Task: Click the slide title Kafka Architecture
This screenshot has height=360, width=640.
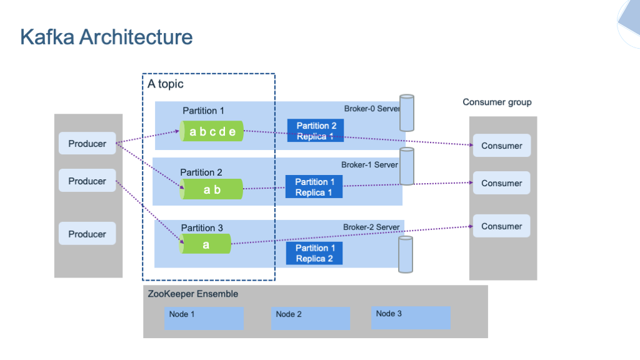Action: click(x=106, y=37)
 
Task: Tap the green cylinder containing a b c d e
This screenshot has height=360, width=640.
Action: click(x=212, y=131)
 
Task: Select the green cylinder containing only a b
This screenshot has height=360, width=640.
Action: click(x=212, y=189)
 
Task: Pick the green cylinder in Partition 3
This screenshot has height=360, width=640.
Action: click(x=206, y=244)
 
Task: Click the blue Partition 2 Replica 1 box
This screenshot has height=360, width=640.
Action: click(x=316, y=131)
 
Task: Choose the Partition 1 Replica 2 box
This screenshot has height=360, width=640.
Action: click(x=314, y=253)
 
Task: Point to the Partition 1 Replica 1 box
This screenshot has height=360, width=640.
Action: click(x=314, y=187)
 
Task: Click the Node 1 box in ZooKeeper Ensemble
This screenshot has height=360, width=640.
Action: click(x=204, y=317)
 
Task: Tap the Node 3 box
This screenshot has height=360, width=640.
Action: click(x=411, y=317)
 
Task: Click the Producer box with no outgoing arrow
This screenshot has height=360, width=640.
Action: click(x=87, y=234)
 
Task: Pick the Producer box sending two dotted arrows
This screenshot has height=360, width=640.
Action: click(x=87, y=144)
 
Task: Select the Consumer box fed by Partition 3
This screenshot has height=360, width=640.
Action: click(x=501, y=226)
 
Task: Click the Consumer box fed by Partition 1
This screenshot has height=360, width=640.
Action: click(x=501, y=146)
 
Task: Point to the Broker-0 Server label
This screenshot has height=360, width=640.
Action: click(x=371, y=109)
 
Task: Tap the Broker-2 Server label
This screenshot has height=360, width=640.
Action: click(x=371, y=227)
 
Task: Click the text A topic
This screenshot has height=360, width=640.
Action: click(x=166, y=84)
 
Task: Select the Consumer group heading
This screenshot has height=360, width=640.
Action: click(x=497, y=102)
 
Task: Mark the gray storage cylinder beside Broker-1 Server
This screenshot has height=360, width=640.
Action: click(x=407, y=166)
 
